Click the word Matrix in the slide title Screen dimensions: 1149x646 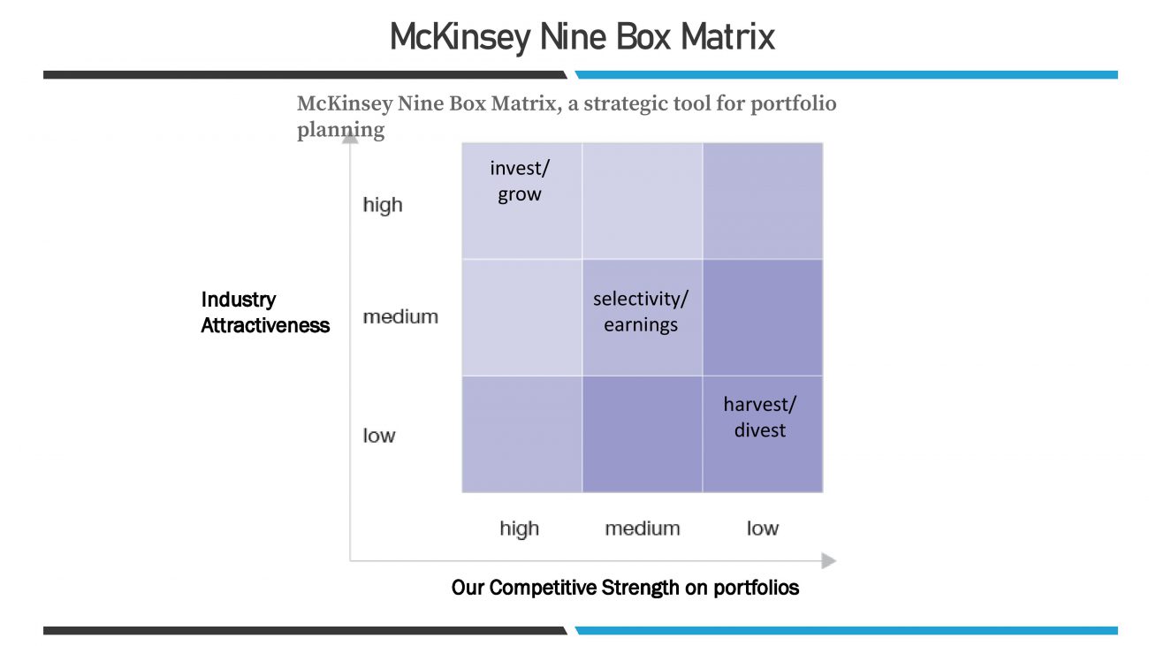727,37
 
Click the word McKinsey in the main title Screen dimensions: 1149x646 460,38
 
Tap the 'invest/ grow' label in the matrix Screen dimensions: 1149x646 520,181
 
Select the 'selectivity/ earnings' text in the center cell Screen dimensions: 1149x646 641,312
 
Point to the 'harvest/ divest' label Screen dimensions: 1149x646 760,417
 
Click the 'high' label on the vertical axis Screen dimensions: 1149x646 383,204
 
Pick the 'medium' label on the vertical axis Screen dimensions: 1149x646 400,317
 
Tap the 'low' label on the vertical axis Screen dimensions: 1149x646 379,436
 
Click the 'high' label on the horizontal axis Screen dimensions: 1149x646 520,528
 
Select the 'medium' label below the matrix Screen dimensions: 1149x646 643,528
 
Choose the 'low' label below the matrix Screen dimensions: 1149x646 763,528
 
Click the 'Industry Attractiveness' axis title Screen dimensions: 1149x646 265,312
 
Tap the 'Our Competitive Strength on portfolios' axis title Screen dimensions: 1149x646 625,588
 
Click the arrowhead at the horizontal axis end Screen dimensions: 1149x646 829,561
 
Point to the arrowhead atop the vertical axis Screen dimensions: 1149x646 350,137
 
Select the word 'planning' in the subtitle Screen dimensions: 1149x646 340,130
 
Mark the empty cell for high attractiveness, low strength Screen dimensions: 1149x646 763,201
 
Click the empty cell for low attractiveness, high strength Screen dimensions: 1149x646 521,434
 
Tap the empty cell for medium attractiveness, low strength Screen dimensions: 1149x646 763,318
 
